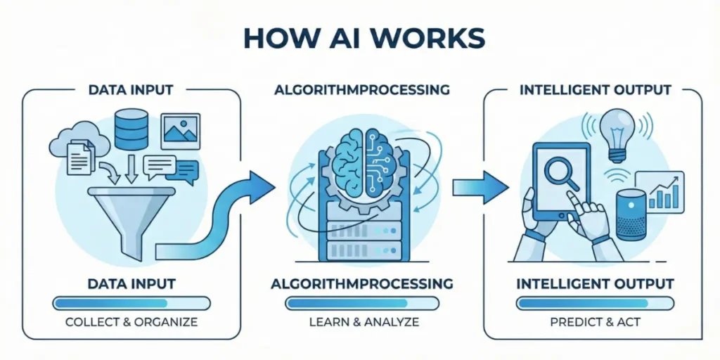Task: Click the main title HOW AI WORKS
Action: coord(360,39)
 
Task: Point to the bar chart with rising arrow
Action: coord(662,192)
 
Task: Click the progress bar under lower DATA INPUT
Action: coord(131,303)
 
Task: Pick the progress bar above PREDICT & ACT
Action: coord(595,303)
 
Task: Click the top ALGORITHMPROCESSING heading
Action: coord(361,90)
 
